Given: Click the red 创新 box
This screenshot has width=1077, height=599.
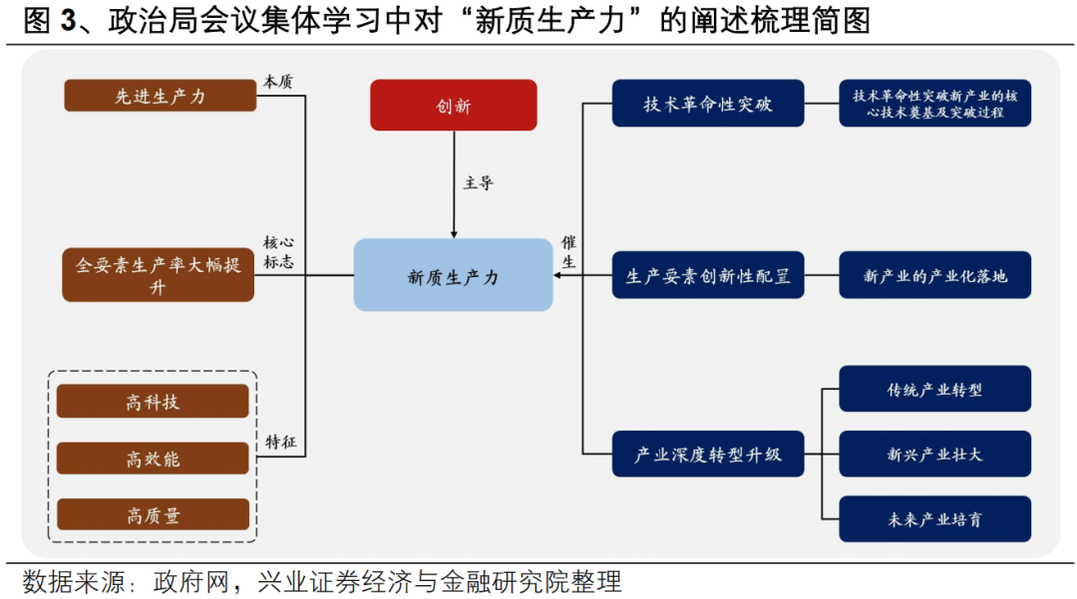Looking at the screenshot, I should (453, 106).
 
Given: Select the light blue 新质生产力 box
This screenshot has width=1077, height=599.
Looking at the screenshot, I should (453, 275).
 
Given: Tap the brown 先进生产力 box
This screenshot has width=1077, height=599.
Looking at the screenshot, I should (161, 96).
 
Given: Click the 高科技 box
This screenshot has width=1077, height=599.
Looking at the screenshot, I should (153, 402).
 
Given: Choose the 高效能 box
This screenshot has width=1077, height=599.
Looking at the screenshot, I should (153, 458).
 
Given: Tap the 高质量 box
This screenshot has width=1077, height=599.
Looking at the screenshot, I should (153, 514).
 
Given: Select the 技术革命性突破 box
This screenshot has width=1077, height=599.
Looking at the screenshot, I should (707, 104).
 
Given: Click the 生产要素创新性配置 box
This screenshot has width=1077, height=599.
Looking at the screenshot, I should (707, 275).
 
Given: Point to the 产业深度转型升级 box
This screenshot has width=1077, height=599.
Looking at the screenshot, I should (707, 454).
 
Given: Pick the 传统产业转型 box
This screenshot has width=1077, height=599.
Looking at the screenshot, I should (934, 389).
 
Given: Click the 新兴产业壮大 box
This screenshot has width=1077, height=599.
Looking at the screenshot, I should (934, 454).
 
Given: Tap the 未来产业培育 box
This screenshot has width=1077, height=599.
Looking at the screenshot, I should (934, 519).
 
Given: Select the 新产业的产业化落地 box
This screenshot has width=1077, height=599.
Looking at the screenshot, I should (934, 275).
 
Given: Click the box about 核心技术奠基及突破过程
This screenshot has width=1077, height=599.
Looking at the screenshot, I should (934, 104).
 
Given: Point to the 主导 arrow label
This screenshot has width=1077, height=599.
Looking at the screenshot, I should (478, 183).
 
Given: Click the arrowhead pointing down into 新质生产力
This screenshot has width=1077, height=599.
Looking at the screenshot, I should (454, 234).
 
